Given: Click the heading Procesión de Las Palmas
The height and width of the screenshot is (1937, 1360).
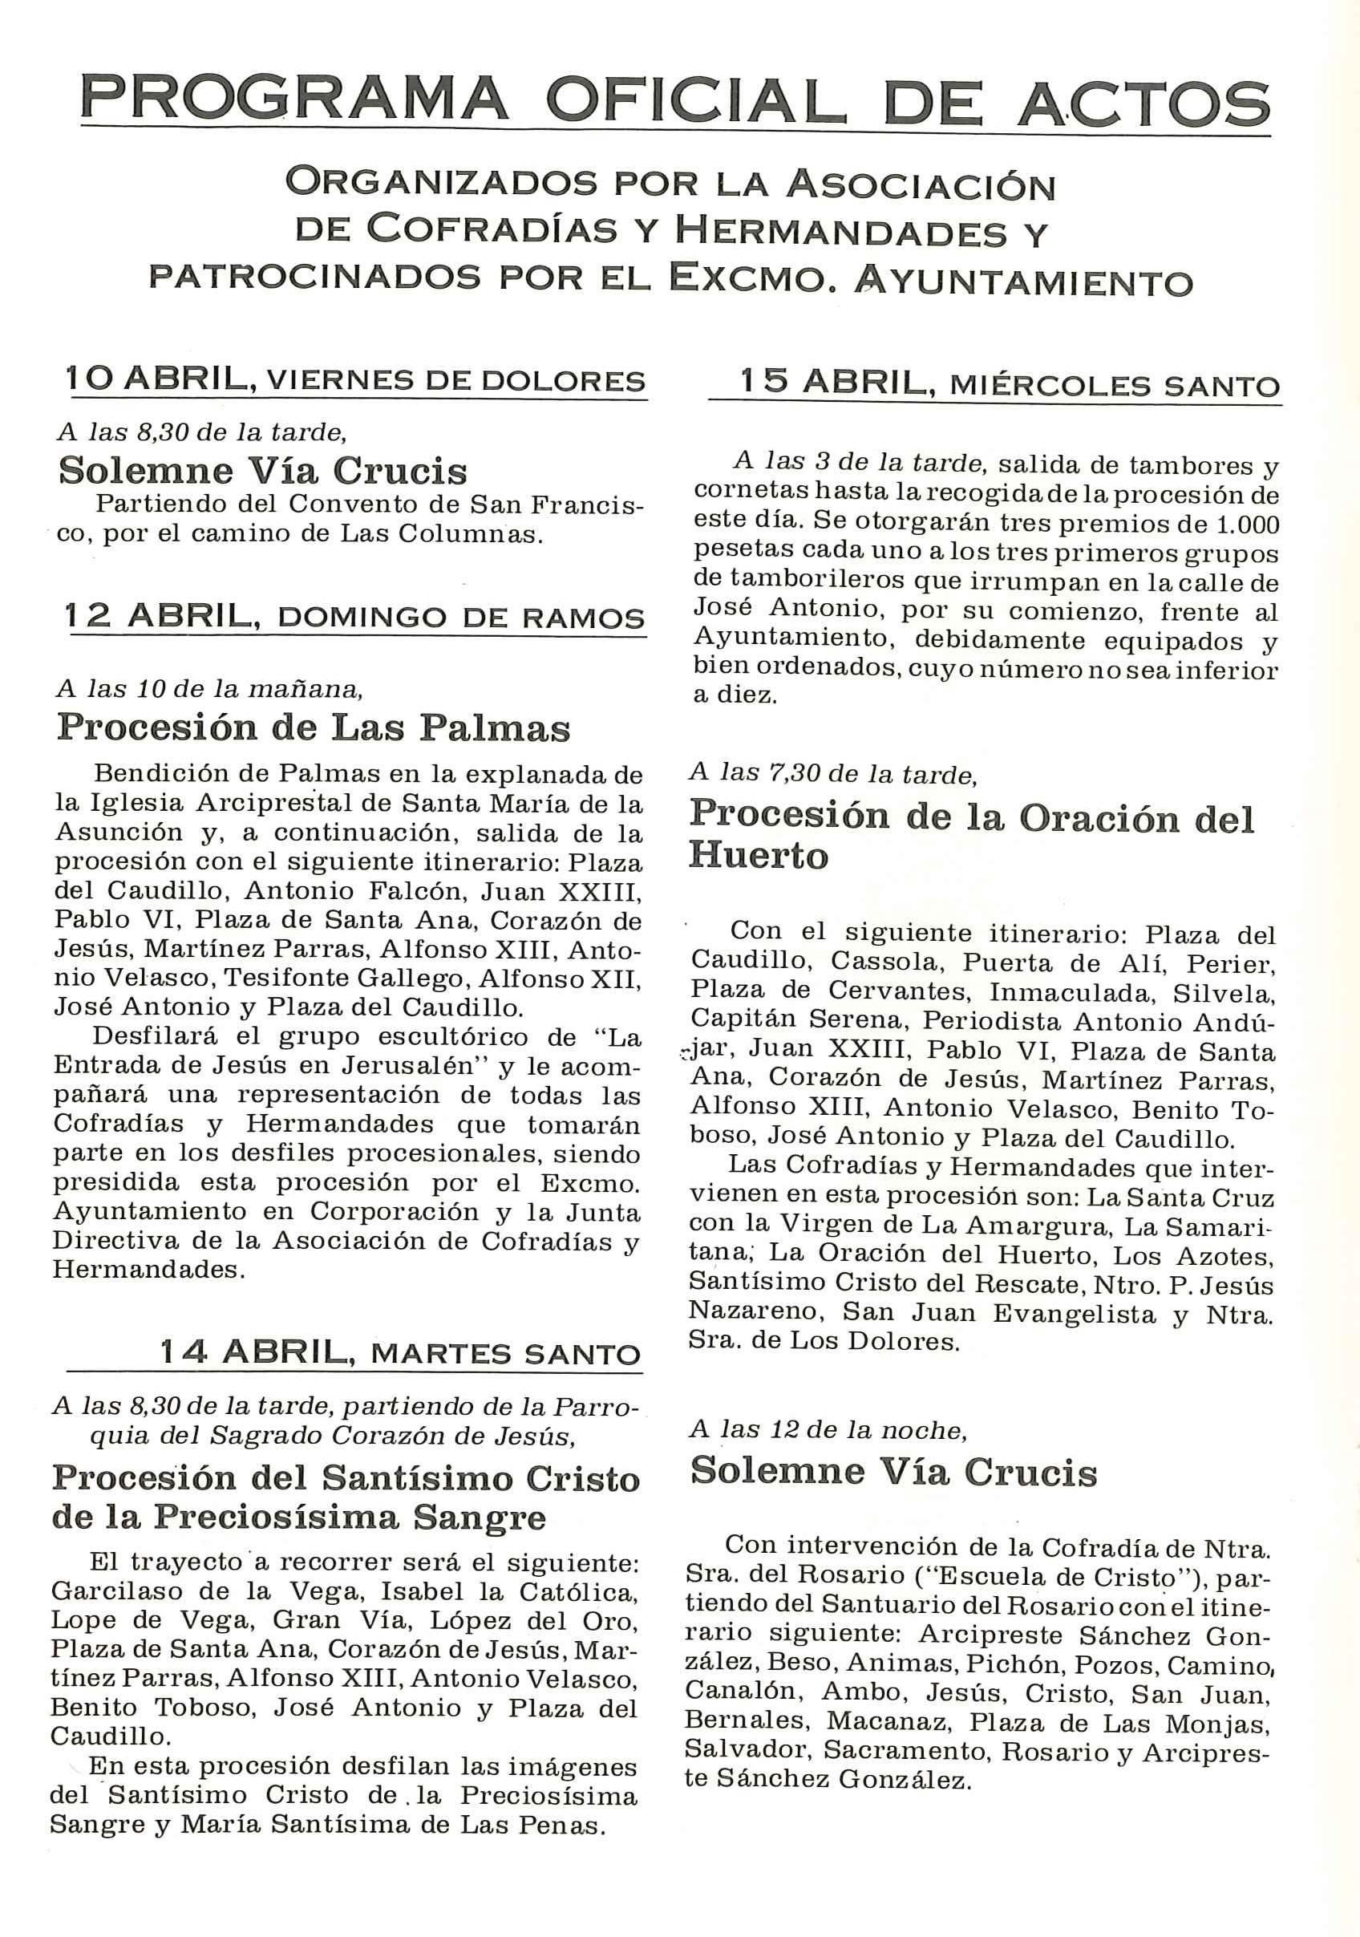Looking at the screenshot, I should click(313, 728).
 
